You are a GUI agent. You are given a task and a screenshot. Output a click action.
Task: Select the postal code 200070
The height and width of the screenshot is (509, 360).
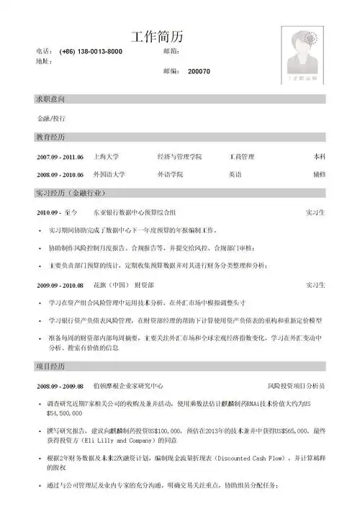tap(199, 72)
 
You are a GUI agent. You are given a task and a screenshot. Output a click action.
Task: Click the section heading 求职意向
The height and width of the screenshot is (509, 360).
tap(51, 97)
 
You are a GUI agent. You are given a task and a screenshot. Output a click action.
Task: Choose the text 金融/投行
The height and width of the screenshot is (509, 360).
tap(51, 117)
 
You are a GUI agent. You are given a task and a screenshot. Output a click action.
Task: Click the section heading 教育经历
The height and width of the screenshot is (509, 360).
tap(51, 136)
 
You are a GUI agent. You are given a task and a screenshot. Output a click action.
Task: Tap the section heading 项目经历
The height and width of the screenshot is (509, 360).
tap(51, 367)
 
